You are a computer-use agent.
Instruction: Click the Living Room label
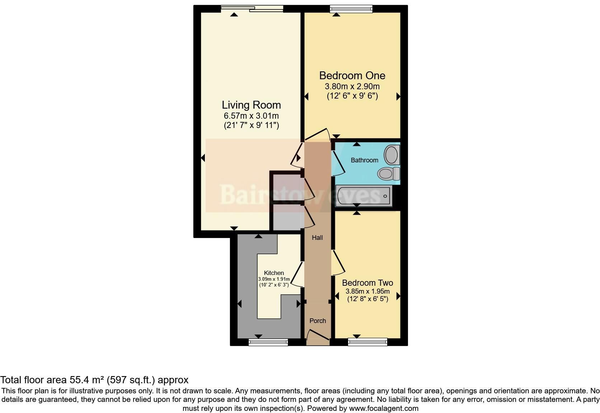coord(251,105)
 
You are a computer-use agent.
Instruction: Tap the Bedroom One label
coord(352,76)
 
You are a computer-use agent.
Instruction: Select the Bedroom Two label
coord(367,283)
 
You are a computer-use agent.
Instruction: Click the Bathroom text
coord(364,160)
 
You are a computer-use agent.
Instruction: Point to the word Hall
coord(317,238)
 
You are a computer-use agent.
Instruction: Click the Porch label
coord(318,321)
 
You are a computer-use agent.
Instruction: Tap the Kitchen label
coord(274,273)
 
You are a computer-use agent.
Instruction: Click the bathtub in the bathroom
coord(364,196)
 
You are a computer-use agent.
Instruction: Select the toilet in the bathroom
coord(389,174)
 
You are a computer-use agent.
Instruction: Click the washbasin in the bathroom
coord(392,155)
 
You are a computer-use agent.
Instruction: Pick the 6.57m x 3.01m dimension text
coord(251,116)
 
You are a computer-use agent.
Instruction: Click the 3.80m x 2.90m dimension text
coord(352,86)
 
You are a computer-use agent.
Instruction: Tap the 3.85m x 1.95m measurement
coord(367,291)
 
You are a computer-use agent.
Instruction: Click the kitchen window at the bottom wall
coord(268,342)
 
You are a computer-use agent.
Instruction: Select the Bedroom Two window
coord(367,342)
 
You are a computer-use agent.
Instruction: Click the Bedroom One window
coord(351,9)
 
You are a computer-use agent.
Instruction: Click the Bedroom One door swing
coord(318,134)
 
